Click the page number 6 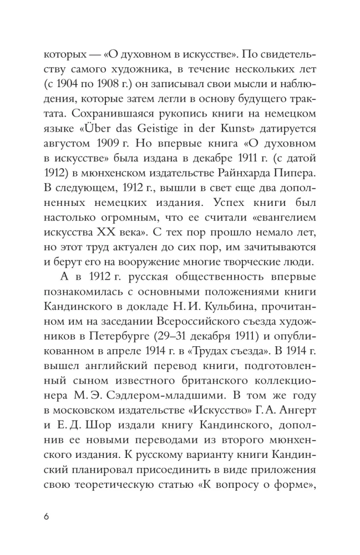[x=47, y=517]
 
